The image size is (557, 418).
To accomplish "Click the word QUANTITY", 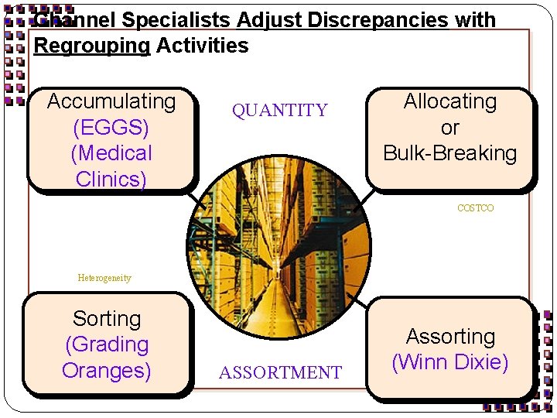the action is (280, 111).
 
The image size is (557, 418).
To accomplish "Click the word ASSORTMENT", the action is (280, 373).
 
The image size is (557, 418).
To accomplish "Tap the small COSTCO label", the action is (475, 208).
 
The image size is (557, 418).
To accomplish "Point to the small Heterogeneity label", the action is (104, 278).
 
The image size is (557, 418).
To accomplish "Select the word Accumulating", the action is (111, 101).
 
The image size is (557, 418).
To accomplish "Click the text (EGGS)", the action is (111, 127).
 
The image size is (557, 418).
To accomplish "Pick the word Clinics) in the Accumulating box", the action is (111, 179).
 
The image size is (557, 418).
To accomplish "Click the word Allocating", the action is (450, 101).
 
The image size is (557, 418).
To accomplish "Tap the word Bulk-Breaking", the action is (450, 153).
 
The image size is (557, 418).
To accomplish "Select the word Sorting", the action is (107, 318).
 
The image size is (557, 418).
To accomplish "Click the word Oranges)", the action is (107, 370).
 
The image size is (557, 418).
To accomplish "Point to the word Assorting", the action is (450, 337).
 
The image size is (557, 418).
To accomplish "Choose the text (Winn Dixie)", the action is (450, 362).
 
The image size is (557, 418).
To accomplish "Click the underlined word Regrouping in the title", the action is (92, 46).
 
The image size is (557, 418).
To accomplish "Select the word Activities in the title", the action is (203, 46).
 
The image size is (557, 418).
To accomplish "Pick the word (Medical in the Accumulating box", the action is (111, 153).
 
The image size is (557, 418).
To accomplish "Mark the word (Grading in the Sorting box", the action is (107, 344).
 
